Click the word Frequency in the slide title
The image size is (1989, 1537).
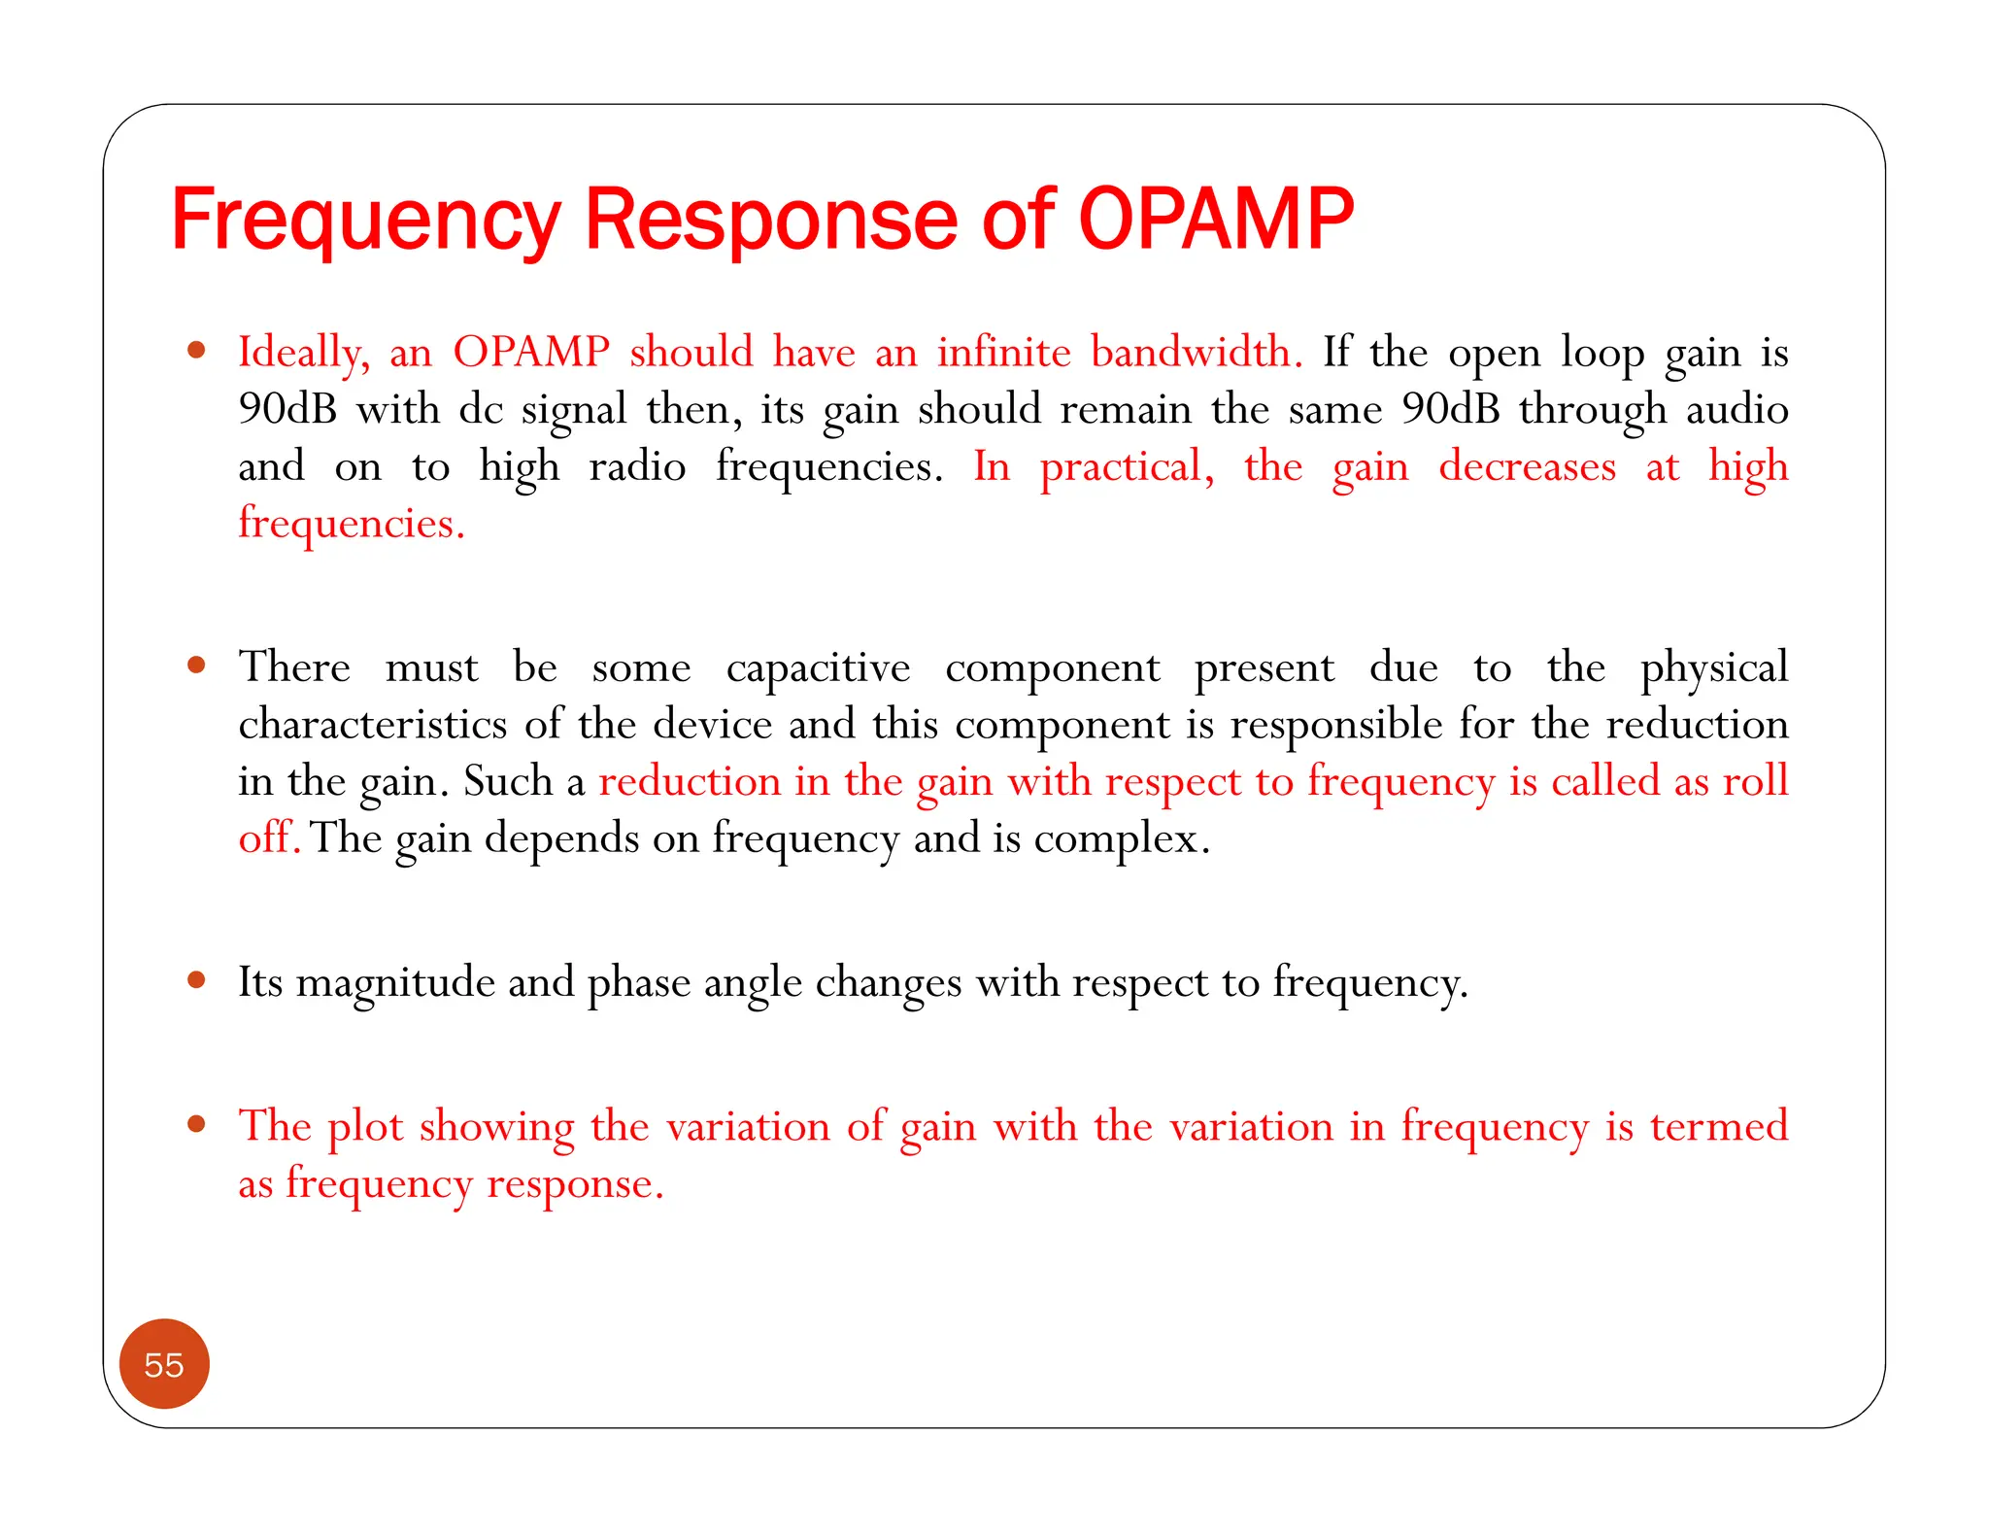(365, 222)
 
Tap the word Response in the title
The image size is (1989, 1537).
(773, 222)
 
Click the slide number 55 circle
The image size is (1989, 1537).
(164, 1364)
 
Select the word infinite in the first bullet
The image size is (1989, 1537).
(1003, 352)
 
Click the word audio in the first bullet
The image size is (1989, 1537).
(1736, 409)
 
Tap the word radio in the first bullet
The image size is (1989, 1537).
(637, 466)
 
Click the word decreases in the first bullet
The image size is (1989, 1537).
(1527, 466)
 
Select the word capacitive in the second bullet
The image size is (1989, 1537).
(818, 668)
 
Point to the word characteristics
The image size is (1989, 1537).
(373, 725)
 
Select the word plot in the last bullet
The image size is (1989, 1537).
(364, 1128)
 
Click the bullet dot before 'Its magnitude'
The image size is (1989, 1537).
(197, 980)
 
